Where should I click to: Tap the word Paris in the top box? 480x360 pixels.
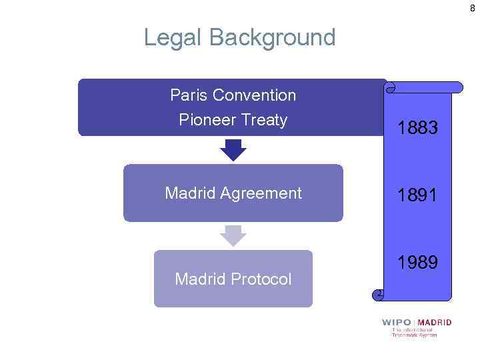tap(189, 95)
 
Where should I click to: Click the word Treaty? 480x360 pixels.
tap(265, 120)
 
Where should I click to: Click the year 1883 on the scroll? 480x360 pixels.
tap(418, 128)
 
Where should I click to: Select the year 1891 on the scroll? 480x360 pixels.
tap(418, 195)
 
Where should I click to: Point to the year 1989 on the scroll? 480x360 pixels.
tap(418, 263)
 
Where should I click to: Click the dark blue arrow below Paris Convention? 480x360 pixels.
tap(233, 149)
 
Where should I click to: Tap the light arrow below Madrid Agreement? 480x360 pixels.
tap(233, 235)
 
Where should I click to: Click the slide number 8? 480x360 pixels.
tap(473, 7)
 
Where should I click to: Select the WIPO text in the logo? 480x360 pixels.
tap(396, 323)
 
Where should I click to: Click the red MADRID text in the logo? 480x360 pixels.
tap(435, 323)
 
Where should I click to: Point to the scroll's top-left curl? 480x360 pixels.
tap(391, 87)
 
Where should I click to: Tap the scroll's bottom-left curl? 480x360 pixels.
tap(379, 294)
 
